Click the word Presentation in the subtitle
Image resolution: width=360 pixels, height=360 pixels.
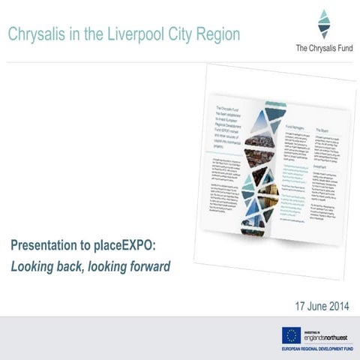point(50,245)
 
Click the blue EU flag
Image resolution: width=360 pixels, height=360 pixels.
point(292,335)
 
